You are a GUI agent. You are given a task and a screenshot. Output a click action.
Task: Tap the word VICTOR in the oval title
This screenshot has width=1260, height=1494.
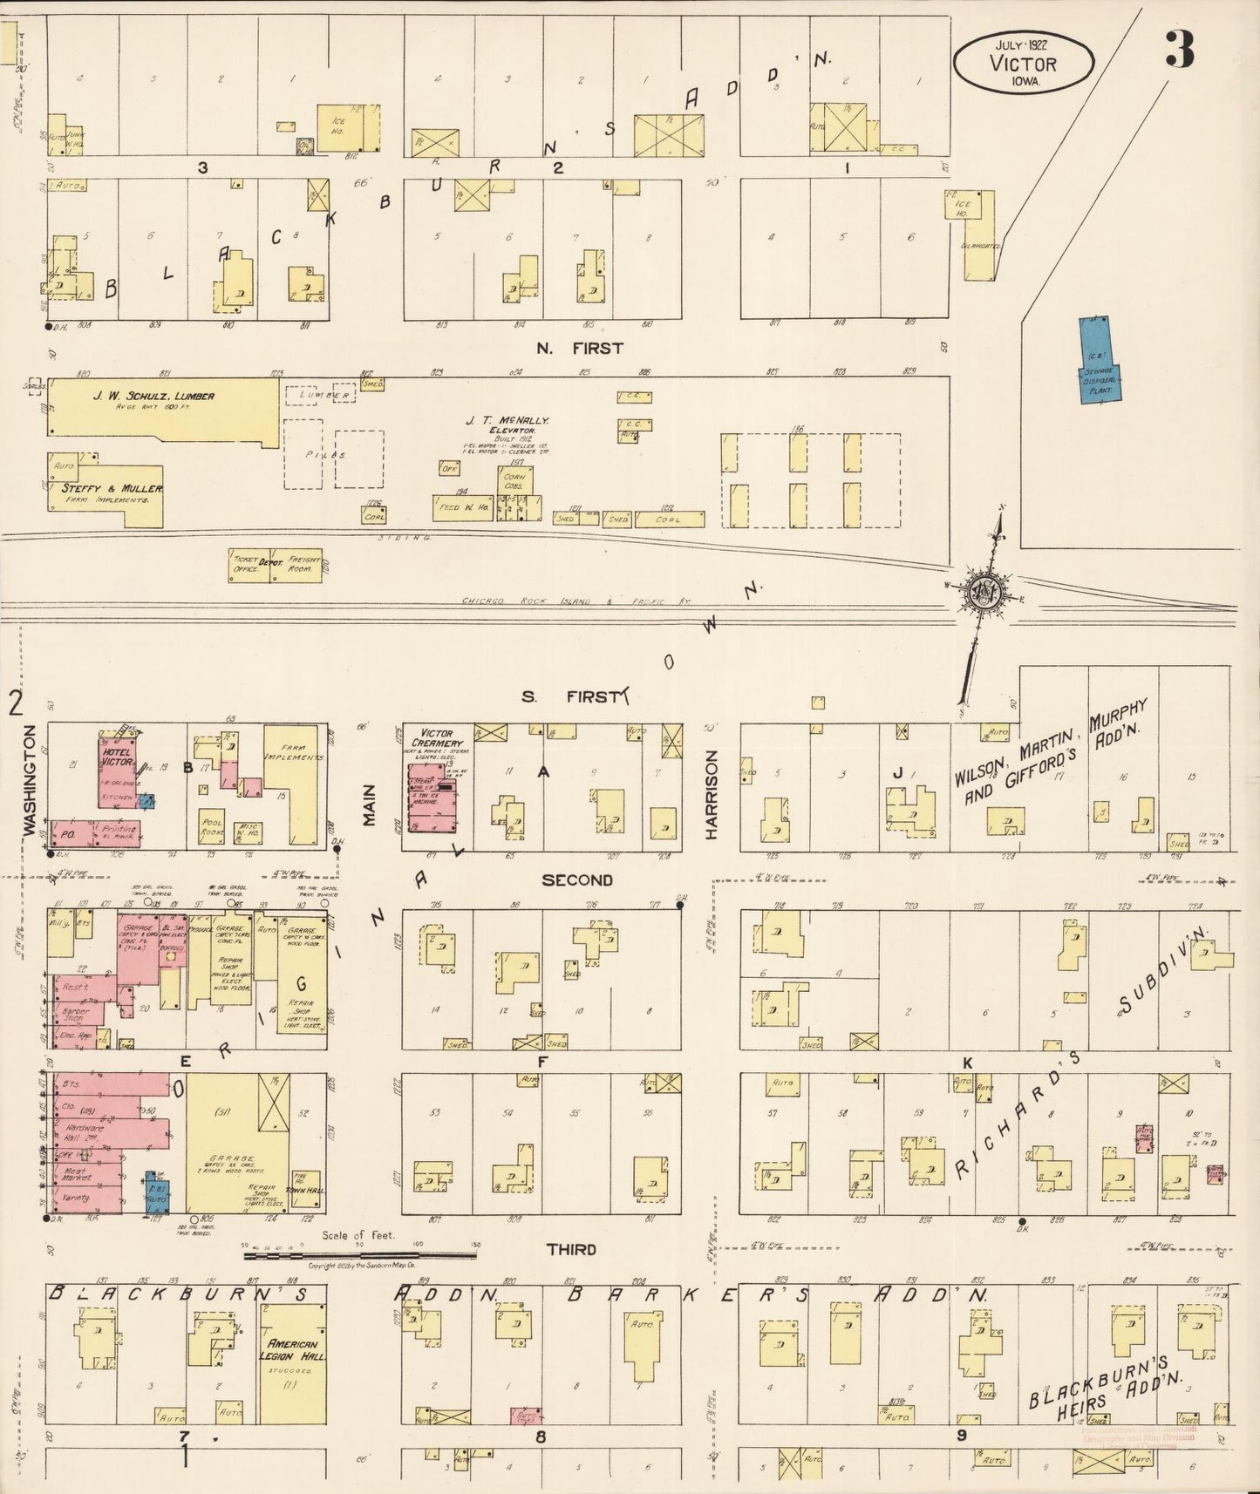1023,64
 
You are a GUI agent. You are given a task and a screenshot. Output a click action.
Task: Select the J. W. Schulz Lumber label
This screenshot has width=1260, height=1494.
154,397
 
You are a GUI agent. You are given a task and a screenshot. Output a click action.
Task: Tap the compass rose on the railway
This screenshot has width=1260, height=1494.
986,590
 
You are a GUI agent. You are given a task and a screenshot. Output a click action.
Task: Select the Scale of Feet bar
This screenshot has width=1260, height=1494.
360,1254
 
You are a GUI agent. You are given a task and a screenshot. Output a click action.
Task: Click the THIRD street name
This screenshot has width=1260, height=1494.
571,1249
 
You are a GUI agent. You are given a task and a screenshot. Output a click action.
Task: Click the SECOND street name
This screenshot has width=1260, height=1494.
576,880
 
